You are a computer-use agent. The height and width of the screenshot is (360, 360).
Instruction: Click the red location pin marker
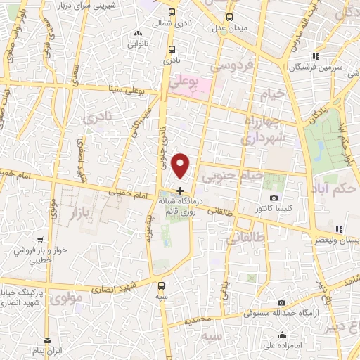coord(181,165)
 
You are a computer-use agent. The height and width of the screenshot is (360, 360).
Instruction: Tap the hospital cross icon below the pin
coord(181,191)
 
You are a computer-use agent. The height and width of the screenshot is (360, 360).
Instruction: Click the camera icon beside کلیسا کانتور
coord(274,198)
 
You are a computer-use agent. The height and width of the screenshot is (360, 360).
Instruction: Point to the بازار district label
coord(84,210)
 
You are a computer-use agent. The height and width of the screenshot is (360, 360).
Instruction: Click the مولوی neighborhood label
coord(67,297)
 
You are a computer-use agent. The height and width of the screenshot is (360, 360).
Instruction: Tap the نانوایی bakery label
coord(138,43)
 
